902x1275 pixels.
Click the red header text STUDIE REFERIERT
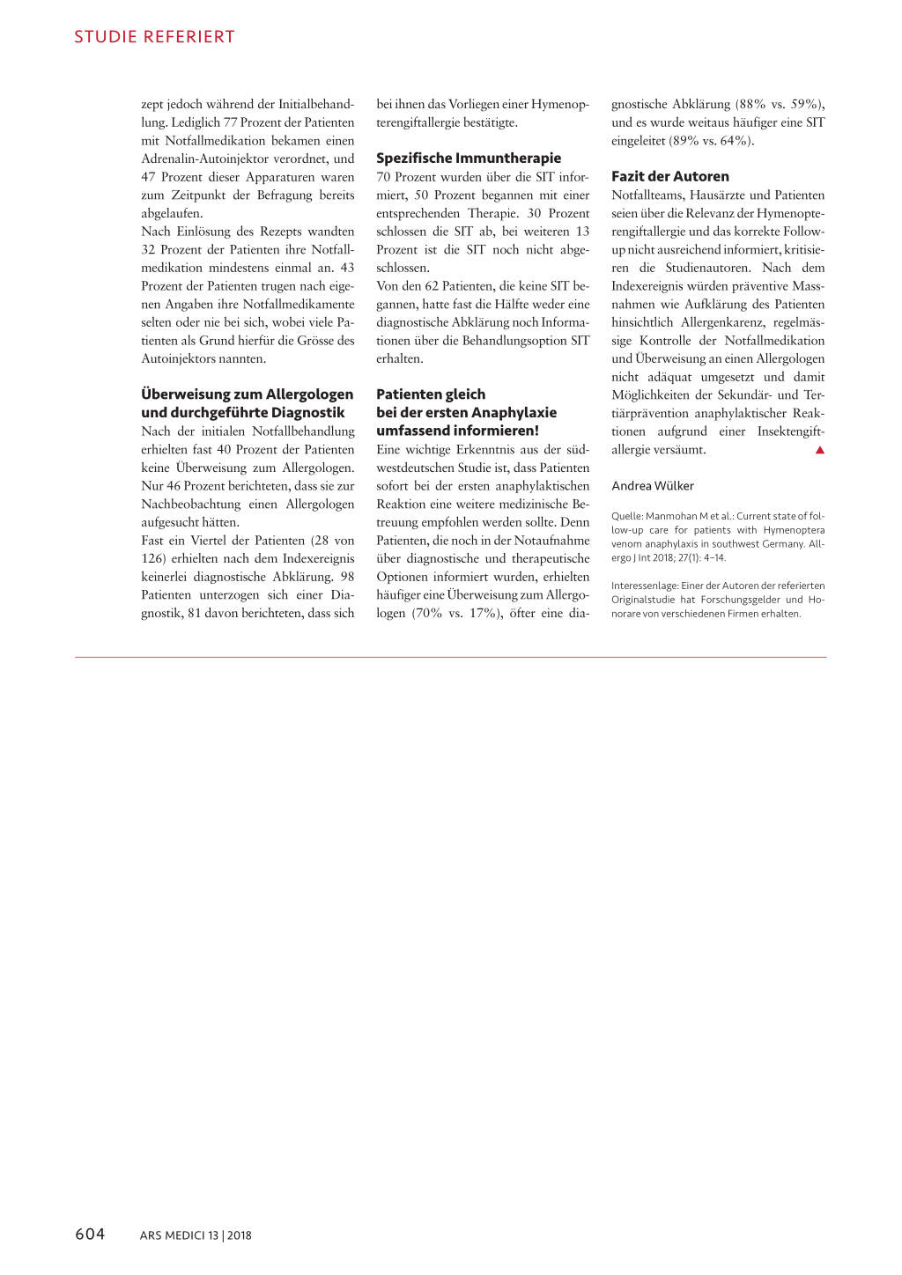pos(154,37)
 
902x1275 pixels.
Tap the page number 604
pos(90,1234)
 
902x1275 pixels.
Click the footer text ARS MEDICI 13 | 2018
pos(196,1235)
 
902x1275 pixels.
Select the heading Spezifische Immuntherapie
pos(469,158)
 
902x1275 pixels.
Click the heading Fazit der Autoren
pos(670,176)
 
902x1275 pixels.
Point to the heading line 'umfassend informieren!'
pos(457,431)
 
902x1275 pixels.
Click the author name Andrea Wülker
pos(653,486)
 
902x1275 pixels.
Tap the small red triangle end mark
pos(819,450)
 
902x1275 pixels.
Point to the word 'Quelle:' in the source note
pos(627,517)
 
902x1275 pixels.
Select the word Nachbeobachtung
pos(191,504)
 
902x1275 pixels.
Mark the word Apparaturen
pos(281,177)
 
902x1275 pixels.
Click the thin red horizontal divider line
pos(450,657)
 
